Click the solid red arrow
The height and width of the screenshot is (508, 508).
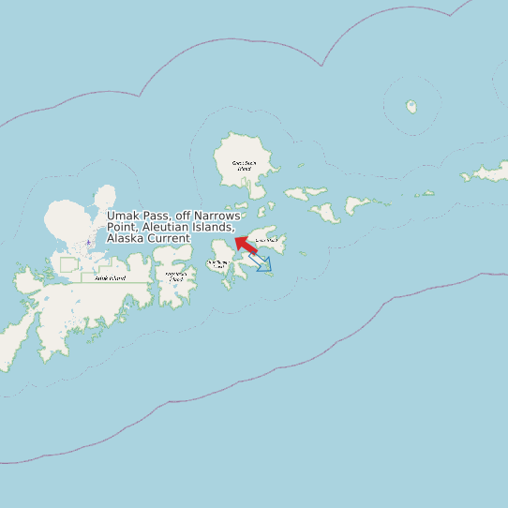point(247,246)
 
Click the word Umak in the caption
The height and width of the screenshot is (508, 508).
point(123,217)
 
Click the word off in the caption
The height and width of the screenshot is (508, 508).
point(183,217)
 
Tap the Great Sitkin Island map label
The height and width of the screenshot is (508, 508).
point(244,166)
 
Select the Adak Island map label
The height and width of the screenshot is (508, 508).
point(110,278)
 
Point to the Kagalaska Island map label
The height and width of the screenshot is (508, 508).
point(174,276)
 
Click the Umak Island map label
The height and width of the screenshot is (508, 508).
point(266,240)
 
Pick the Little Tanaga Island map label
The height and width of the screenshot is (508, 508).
point(217,264)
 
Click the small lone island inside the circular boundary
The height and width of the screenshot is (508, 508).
point(411,107)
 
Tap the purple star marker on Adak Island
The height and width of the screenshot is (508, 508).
point(89,243)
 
